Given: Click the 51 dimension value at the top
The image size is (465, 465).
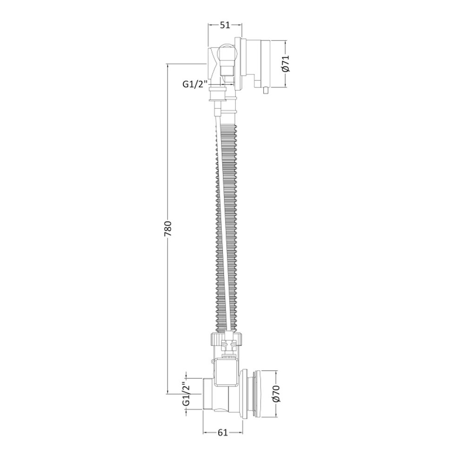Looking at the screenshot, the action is [225, 25].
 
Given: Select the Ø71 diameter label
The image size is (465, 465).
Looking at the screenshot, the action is [286, 63].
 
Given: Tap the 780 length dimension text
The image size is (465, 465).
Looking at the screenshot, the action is [168, 229].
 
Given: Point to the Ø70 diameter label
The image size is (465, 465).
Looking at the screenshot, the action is [276, 393].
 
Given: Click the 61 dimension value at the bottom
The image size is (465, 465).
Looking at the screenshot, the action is [223, 432].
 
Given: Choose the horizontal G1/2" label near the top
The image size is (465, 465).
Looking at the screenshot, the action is [194, 84].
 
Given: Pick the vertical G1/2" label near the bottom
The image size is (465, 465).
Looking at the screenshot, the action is [186, 394].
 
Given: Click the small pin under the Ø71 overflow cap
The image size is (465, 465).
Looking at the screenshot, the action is [266, 90].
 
